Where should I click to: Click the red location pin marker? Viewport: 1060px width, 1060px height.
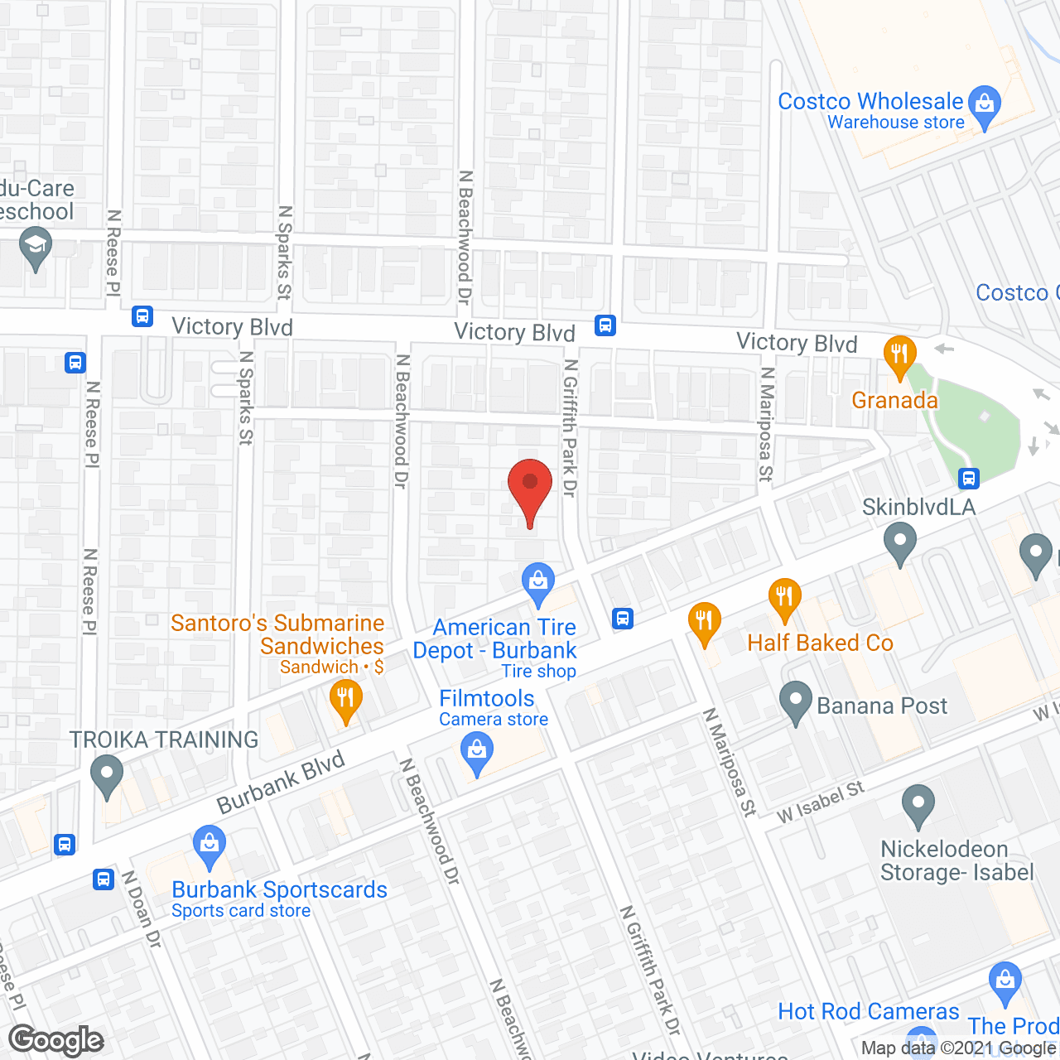[530, 489]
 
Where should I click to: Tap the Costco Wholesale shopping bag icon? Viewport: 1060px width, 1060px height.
[985, 105]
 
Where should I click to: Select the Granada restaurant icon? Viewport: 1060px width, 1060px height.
[899, 355]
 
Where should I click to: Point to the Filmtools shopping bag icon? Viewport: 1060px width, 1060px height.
[476, 754]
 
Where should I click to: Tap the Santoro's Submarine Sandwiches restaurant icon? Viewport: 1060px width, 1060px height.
[345, 700]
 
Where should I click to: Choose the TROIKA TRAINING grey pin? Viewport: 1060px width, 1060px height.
[107, 777]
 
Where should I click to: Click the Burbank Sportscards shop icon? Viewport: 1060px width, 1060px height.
[209, 846]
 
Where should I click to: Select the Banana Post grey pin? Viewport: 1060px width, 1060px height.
[796, 702]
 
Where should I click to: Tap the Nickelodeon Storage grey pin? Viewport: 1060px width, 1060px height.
[918, 805]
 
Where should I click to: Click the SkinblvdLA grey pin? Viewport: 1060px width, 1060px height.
[900, 545]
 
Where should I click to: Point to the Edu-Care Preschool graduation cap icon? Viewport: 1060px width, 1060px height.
[36, 248]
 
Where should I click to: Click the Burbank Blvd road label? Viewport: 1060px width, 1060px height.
[281, 783]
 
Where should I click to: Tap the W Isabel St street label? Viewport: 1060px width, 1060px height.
[820, 802]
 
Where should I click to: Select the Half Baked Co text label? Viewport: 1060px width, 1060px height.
[820, 643]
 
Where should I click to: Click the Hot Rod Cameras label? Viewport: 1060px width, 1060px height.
[868, 1011]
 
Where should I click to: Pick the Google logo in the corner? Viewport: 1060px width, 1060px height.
[55, 1039]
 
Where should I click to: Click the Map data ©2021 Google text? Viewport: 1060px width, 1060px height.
[958, 1048]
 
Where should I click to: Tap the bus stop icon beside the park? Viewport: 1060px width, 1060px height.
[969, 478]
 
